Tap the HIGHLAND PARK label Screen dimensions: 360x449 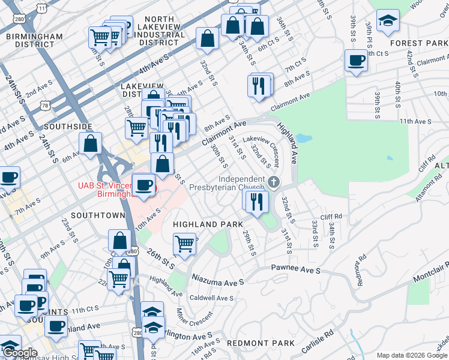point(202,224)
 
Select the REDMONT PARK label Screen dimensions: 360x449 point(261,343)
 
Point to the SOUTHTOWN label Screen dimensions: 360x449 point(97,214)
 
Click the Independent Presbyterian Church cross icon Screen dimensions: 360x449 point(274,182)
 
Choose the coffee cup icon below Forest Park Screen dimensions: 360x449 point(356,60)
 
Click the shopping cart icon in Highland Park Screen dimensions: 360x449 point(184,243)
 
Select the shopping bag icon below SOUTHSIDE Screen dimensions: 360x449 point(90,143)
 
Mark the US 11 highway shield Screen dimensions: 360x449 point(41,8)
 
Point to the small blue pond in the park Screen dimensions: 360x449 point(304,138)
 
